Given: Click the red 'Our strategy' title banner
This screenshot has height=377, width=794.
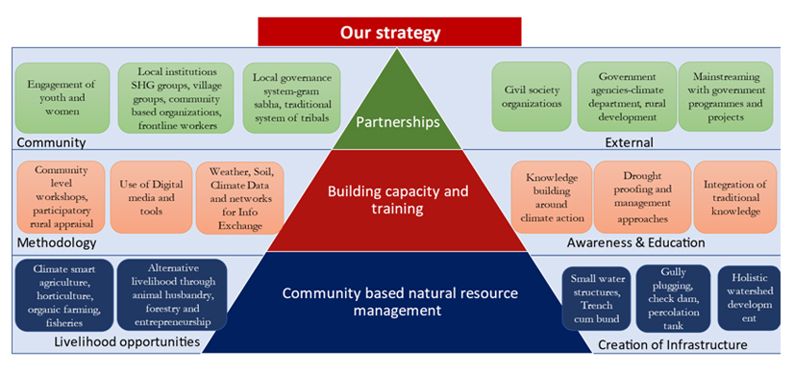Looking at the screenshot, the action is pyautogui.click(x=389, y=32).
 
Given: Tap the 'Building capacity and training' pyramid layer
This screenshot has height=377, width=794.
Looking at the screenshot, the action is pyautogui.click(x=398, y=200).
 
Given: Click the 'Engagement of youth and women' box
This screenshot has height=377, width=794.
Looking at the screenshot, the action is pyautogui.click(x=62, y=98).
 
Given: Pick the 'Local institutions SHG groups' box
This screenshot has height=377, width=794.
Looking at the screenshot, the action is pyautogui.click(x=176, y=98).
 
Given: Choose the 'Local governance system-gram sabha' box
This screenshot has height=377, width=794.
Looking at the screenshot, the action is pyautogui.click(x=291, y=98).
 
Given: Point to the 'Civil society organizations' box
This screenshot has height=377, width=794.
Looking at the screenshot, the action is pyautogui.click(x=532, y=97).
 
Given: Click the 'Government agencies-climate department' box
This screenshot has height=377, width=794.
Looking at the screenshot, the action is pyautogui.click(x=627, y=97).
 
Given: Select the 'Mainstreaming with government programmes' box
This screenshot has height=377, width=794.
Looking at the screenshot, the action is pyautogui.click(x=726, y=97).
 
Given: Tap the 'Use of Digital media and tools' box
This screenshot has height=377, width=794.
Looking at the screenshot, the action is pyautogui.click(x=152, y=197).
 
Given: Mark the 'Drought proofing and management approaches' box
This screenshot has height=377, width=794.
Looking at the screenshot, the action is pyautogui.click(x=642, y=197).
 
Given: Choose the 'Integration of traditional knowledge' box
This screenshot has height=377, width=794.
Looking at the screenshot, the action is pyautogui.click(x=734, y=197).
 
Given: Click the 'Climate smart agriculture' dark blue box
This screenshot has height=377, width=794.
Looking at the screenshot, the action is pyautogui.click(x=64, y=295).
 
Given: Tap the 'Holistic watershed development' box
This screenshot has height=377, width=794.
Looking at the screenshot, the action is pyautogui.click(x=750, y=298).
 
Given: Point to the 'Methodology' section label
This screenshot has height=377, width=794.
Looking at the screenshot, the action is pyautogui.click(x=57, y=243).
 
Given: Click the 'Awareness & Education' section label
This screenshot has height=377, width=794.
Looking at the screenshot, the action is pyautogui.click(x=636, y=242).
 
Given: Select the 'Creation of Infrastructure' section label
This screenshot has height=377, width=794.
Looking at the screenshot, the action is pyautogui.click(x=673, y=345).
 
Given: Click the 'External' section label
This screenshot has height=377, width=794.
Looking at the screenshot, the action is pyautogui.click(x=630, y=143).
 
